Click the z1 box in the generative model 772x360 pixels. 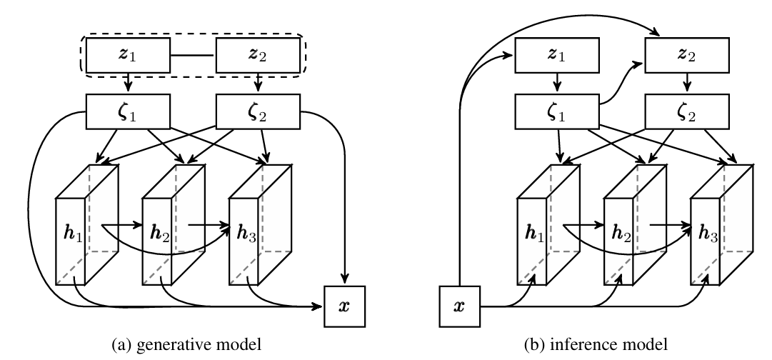128,54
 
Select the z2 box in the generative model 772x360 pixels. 258,54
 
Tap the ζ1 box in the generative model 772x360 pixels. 128,111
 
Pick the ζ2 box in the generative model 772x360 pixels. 258,111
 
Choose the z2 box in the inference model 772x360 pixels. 687,54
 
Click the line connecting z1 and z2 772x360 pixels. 193,54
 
